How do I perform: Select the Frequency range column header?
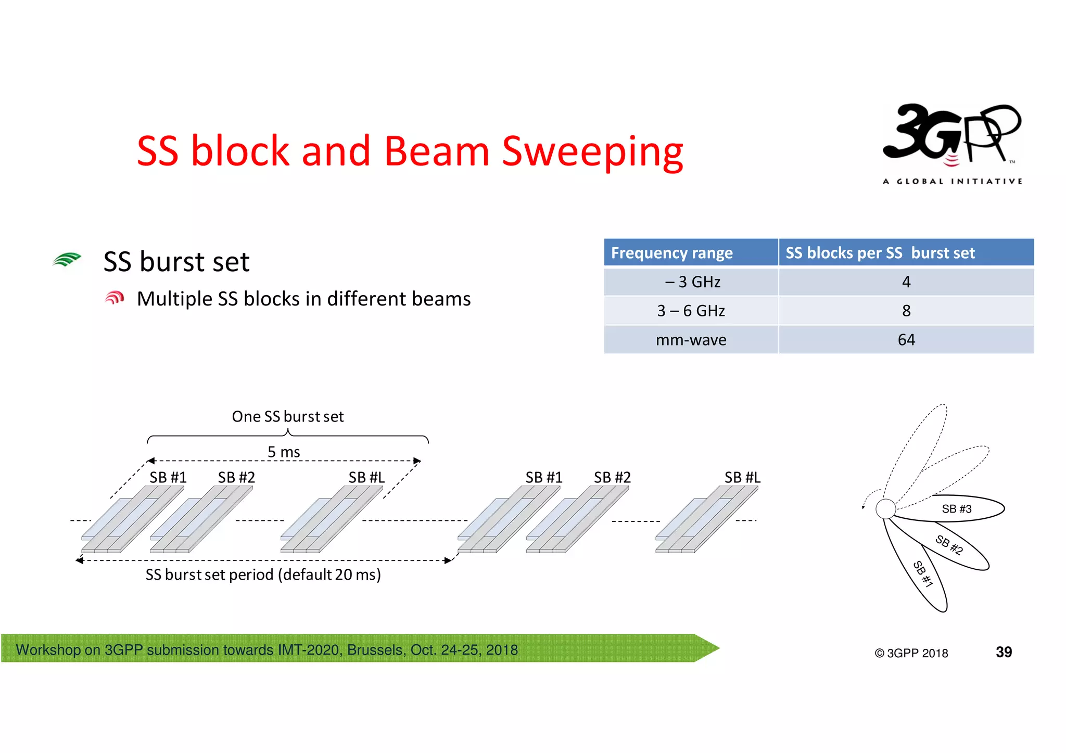tap(671, 253)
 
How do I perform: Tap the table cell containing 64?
tap(906, 340)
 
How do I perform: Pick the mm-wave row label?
tap(691, 340)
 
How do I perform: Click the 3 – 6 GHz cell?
tap(691, 311)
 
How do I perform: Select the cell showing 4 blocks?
tap(906, 282)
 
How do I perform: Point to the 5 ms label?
tap(284, 452)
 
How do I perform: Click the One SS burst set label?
tap(287, 416)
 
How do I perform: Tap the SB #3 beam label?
tap(956, 509)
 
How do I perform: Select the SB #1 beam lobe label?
tap(923, 574)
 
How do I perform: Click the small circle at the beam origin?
tap(885, 509)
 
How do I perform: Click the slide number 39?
tap(1004, 652)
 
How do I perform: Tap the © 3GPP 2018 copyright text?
tap(911, 653)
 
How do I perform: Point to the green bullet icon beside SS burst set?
tap(67, 259)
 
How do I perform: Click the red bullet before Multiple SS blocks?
tap(115, 298)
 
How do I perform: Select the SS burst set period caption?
tap(263, 575)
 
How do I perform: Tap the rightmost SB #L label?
tap(742, 477)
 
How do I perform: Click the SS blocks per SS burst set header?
tap(880, 253)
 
